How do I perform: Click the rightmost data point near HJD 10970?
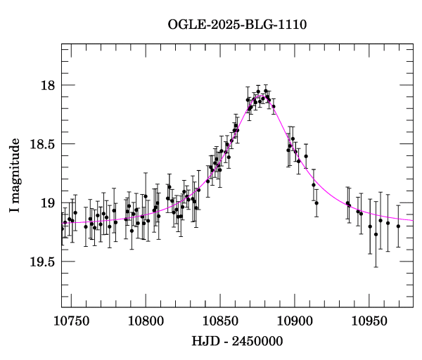point(398,226)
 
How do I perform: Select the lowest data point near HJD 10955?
point(376,234)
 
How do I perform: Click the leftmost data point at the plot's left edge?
point(62,229)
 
